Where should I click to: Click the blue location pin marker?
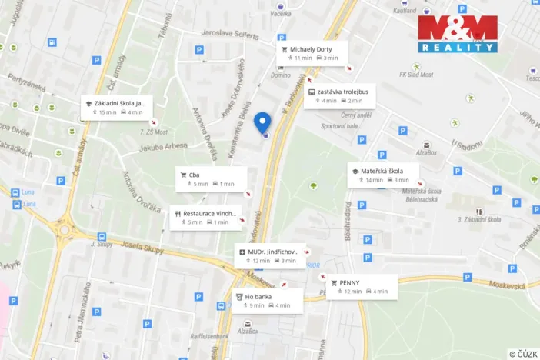point(262,123)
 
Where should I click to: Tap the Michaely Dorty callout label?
point(312,52)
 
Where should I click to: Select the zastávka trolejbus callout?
point(339,95)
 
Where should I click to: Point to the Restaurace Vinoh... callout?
point(205,217)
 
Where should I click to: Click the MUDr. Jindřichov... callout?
point(271,255)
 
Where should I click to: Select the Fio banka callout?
point(266,300)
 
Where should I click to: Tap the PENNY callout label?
point(362,286)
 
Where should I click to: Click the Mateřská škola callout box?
point(383,175)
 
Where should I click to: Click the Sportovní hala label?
point(339,127)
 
